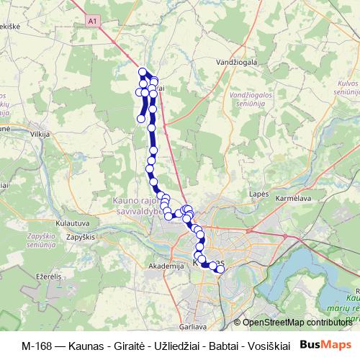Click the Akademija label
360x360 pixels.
tap(163, 265)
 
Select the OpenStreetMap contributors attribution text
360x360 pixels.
tap(295, 323)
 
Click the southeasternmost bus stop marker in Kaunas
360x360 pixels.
tap(220, 269)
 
